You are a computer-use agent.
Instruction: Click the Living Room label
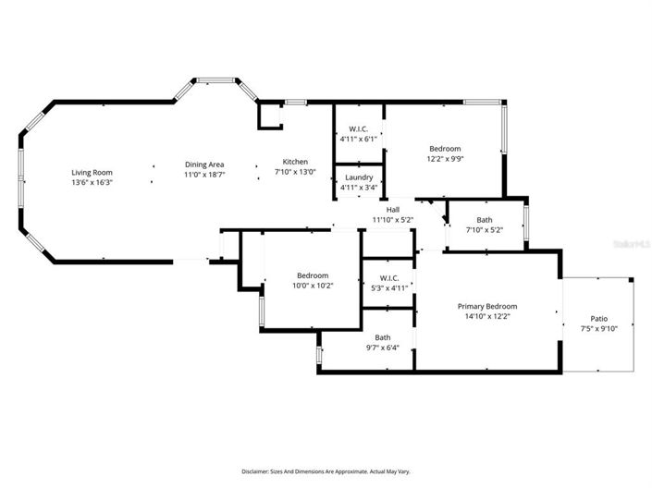click(92, 173)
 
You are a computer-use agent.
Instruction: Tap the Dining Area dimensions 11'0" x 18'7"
click(204, 175)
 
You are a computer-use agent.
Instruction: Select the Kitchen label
click(295, 162)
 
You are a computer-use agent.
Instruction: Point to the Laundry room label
click(359, 177)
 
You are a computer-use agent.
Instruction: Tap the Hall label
click(393, 210)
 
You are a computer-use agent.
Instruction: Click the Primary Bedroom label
click(487, 306)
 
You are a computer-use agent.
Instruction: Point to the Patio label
click(598, 319)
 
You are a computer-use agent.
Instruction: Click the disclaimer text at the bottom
click(326, 471)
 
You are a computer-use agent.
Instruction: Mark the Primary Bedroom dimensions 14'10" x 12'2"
click(487, 316)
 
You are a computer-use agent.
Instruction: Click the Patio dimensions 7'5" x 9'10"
click(598, 329)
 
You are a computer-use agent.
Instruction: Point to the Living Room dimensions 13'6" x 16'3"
click(92, 182)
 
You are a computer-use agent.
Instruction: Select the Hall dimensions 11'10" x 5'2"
click(393, 220)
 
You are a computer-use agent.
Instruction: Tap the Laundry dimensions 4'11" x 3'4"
click(359, 188)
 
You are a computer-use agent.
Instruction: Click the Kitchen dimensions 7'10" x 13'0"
click(295, 172)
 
